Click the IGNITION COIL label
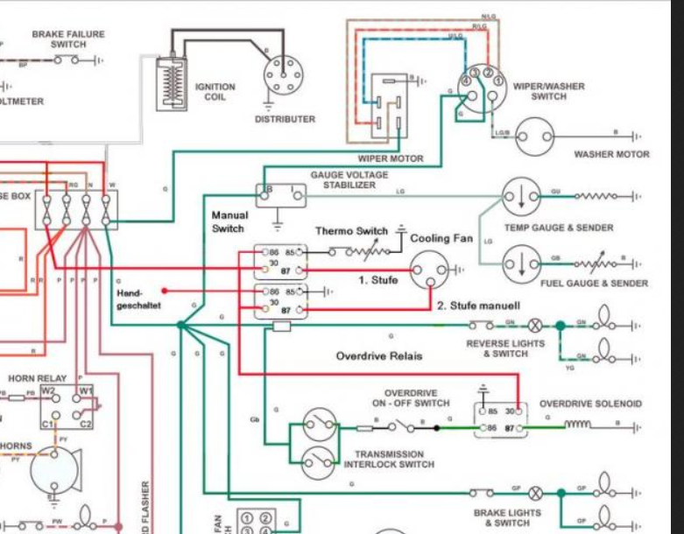215,92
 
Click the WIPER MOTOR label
390,158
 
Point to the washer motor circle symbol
534,137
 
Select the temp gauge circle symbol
520,196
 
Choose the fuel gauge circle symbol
520,262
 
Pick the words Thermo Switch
351,231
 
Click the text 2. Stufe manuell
478,306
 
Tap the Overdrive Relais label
378,356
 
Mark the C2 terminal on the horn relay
86,424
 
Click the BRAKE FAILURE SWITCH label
67,39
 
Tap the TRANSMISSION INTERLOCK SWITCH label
389,459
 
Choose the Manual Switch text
229,221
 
